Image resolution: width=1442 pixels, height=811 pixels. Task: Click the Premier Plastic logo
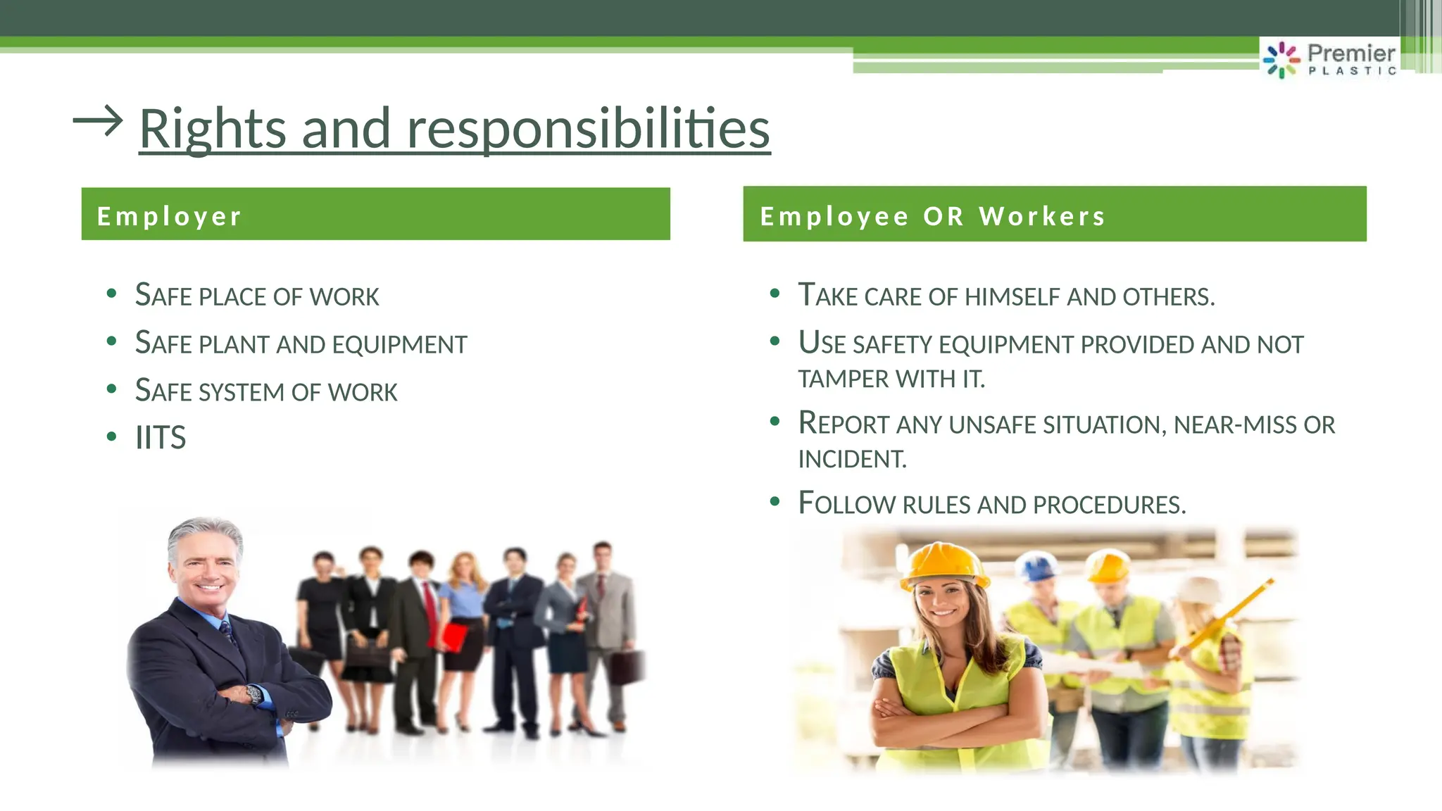point(1329,59)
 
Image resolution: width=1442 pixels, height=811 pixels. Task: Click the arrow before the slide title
point(98,121)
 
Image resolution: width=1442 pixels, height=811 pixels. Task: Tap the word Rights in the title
point(212,129)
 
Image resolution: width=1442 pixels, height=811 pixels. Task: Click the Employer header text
point(169,216)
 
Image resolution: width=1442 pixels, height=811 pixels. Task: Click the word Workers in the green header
point(1042,216)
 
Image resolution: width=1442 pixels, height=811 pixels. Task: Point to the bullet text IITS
point(161,438)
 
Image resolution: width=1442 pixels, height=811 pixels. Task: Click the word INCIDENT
point(851,460)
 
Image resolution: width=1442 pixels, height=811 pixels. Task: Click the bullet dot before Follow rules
point(775,502)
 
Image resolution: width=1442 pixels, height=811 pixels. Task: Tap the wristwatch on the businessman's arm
point(253,695)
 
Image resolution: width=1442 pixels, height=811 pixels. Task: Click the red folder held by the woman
point(453,637)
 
